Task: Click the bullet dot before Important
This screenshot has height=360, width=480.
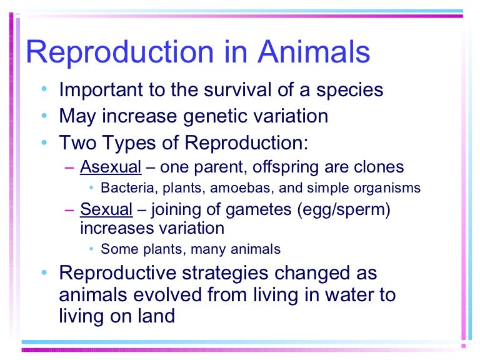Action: point(43,90)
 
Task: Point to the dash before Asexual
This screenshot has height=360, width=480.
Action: point(69,167)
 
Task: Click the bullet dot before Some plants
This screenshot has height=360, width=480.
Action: point(91,249)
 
